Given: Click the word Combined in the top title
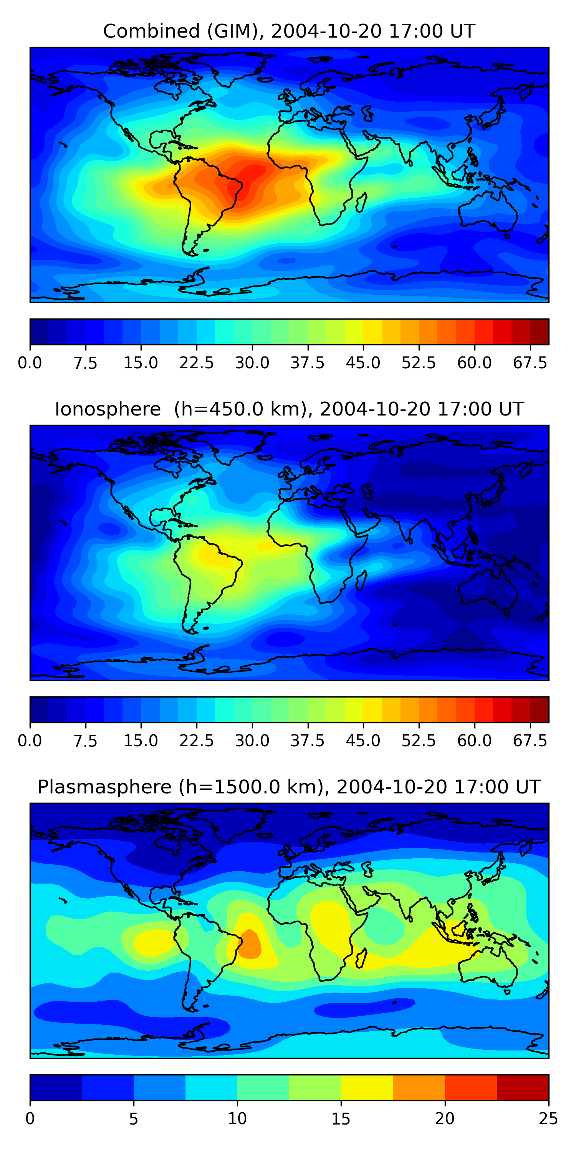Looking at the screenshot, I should tap(151, 31).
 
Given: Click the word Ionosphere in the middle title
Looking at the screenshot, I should tap(108, 409).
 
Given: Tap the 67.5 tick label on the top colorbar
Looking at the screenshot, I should tap(530, 363).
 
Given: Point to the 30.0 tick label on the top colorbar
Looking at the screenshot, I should tap(252, 363).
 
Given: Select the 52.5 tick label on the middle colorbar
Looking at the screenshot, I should tap(419, 741).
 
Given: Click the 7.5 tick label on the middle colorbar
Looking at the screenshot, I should tap(85, 741).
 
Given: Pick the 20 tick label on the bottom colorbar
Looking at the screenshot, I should tap(445, 1119).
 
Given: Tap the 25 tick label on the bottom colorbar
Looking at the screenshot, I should tap(548, 1119).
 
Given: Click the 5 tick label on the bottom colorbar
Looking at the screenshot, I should tap(133, 1119).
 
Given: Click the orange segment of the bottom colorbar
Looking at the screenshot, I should tap(419, 1088).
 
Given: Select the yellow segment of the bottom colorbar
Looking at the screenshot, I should tap(367, 1088).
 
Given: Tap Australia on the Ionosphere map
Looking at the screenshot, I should tap(487, 590).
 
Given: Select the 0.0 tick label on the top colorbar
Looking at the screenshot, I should tap(30, 363).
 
